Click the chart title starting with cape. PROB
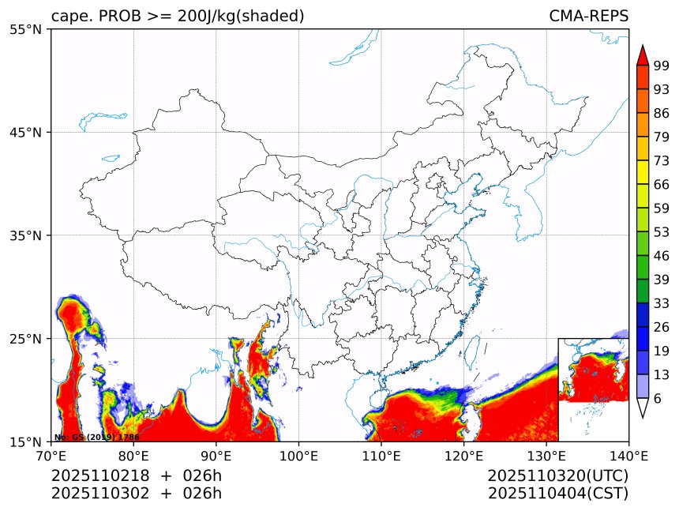[x=178, y=17]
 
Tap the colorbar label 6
[x=658, y=399]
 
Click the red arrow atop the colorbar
[x=642, y=55]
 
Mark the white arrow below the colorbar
[x=642, y=408]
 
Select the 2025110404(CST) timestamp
[x=557, y=494]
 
